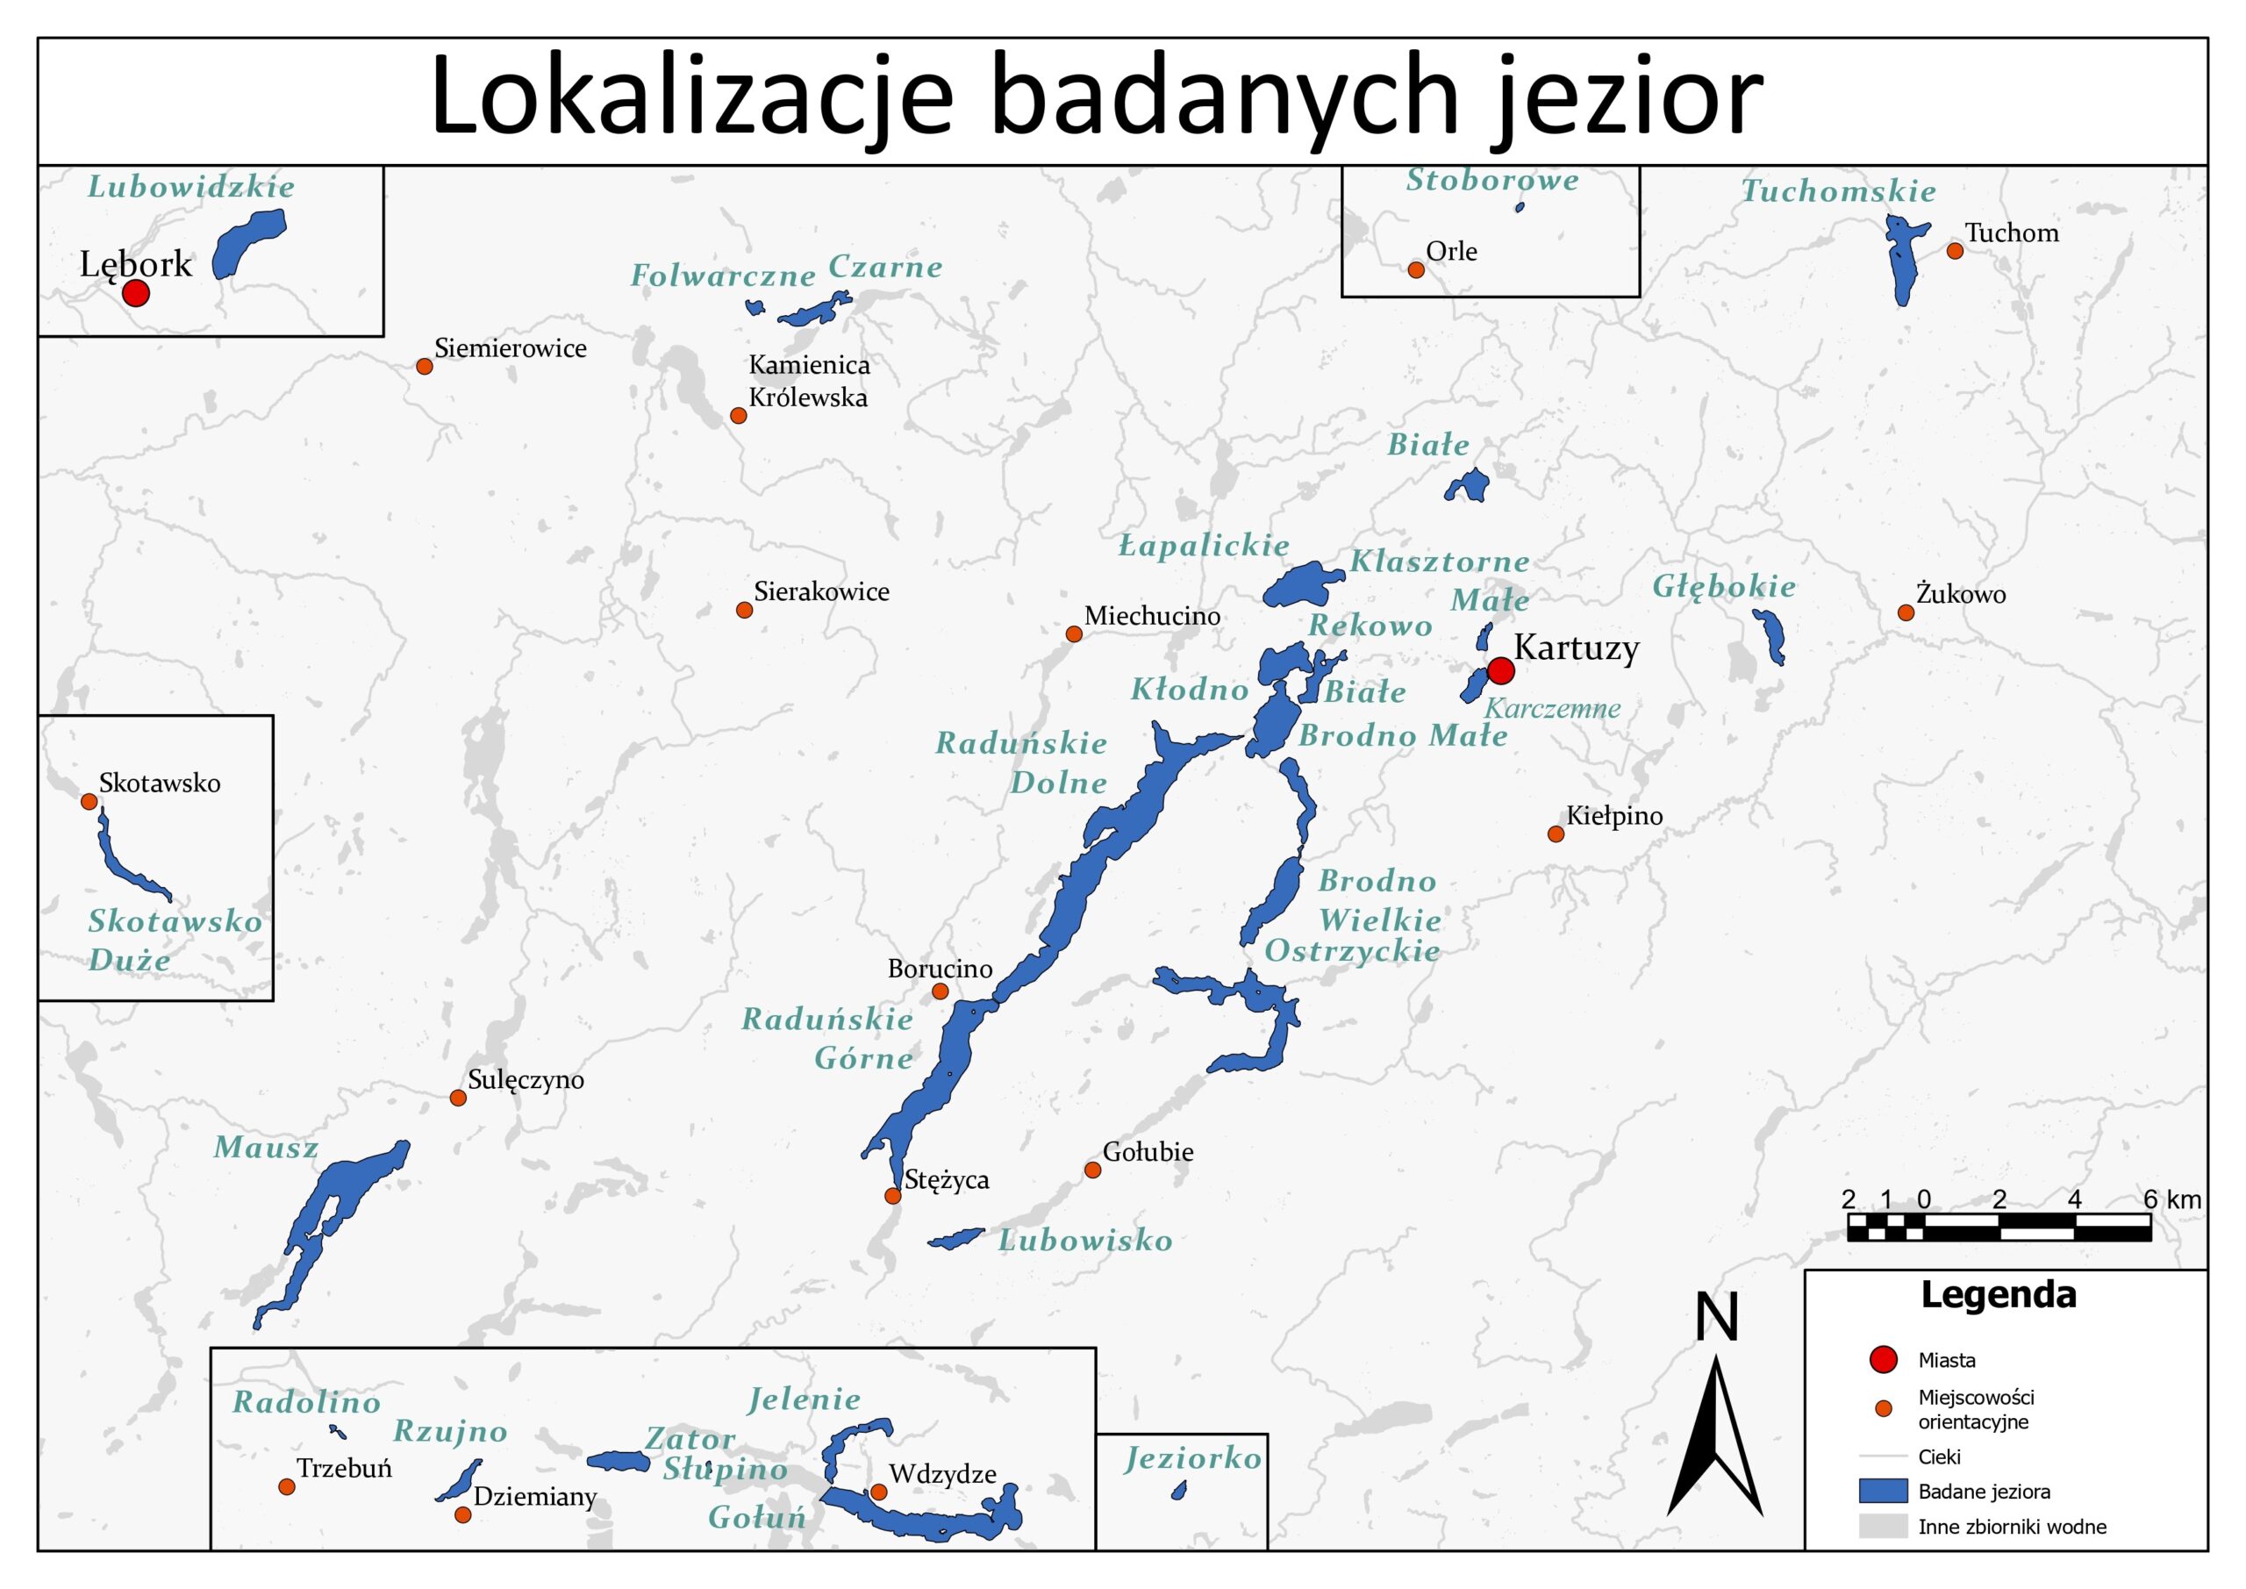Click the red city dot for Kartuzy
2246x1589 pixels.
pyautogui.click(x=1500, y=670)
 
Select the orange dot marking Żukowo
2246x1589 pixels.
pyautogui.click(x=1906, y=612)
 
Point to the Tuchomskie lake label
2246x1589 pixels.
pyautogui.click(x=1838, y=192)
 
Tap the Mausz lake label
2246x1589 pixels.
pyautogui.click(x=266, y=1148)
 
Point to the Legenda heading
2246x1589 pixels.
pyautogui.click(x=1998, y=1294)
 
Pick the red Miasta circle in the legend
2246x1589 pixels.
pyautogui.click(x=1882, y=1359)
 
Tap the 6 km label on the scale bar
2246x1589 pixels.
pyautogui.click(x=2171, y=1199)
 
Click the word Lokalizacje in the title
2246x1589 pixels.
pyautogui.click(x=690, y=98)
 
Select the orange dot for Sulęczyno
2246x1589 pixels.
pyautogui.click(x=458, y=1097)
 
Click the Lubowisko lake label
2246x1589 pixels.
pyautogui.click(x=1085, y=1241)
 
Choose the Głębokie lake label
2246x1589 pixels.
pyautogui.click(x=1724, y=587)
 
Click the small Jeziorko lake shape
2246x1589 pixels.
pyautogui.click(x=1179, y=1490)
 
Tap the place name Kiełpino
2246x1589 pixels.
pyautogui.click(x=1614, y=816)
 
